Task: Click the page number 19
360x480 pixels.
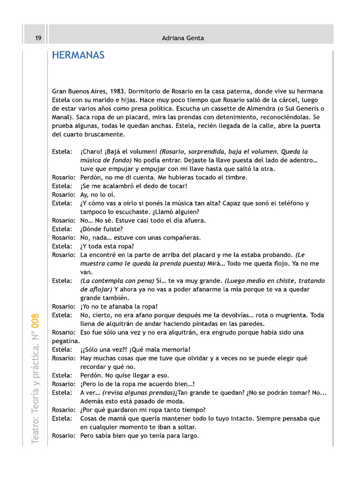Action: [x=38, y=38]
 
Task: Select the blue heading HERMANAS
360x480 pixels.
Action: [x=78, y=56]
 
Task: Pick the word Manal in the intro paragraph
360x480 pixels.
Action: [x=63, y=117]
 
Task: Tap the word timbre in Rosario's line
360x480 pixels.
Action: [x=236, y=178]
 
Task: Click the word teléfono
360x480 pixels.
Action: [x=290, y=203]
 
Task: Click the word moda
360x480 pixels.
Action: [x=176, y=401]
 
